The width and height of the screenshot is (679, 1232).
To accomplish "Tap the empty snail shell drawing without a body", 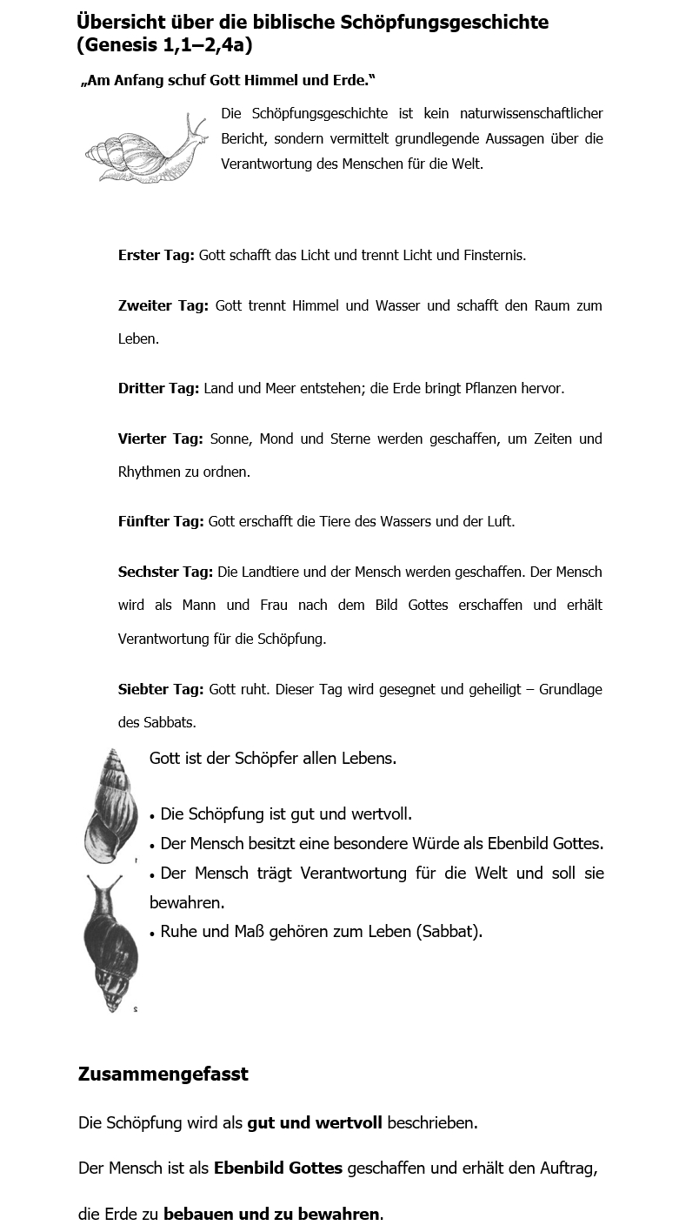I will [111, 805].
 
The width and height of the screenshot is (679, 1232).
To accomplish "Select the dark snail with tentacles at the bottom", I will [110, 944].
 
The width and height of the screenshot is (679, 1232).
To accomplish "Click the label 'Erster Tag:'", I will [156, 256].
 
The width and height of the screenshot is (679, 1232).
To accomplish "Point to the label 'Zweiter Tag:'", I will [163, 306].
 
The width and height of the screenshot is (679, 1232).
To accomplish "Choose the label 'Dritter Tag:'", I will [159, 389].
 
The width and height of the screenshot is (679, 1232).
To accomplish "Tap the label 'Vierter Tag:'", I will [160, 439].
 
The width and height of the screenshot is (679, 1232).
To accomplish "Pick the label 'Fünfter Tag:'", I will [161, 522].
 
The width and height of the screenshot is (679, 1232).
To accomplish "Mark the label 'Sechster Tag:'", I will [165, 572].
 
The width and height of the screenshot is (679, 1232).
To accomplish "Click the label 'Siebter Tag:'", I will [161, 690].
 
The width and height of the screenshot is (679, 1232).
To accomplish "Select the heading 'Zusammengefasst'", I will [163, 1075].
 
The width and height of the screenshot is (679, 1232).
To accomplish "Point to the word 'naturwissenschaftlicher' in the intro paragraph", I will [531, 114].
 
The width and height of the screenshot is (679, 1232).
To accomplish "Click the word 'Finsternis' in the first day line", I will [495, 256].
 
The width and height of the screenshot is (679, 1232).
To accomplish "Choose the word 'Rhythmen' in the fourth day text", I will [146, 472].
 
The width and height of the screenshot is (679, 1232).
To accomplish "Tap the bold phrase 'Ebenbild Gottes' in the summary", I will [277, 1168].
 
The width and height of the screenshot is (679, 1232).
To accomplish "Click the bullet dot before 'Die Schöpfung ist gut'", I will [153, 817].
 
